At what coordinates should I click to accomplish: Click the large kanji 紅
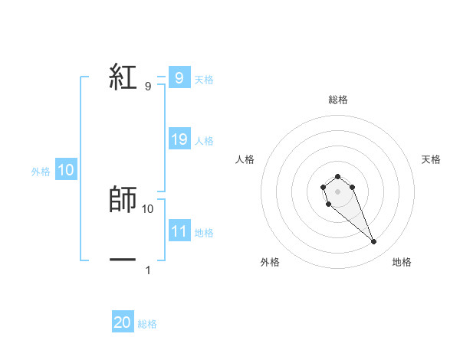[x=123, y=77]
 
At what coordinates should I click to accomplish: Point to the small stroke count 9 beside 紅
[x=148, y=87]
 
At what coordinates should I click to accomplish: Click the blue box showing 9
[x=179, y=78]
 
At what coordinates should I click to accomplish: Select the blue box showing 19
[x=179, y=139]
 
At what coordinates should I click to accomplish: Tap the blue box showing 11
[x=179, y=231]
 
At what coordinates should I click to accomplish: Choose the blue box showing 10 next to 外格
[x=66, y=171]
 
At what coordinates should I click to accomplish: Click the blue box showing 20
[x=122, y=322]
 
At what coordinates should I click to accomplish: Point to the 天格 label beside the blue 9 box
[x=204, y=79]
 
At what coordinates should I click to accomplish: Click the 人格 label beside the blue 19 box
[x=204, y=140]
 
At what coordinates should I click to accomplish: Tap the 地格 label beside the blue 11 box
[x=204, y=232]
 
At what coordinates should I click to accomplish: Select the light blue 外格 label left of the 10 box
[x=41, y=172]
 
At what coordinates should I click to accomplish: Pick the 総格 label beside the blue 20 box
[x=147, y=324]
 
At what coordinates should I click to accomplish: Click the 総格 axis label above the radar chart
[x=338, y=100]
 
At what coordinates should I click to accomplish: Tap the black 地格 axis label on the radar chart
[x=402, y=262]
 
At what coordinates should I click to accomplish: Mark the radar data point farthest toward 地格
[x=373, y=242]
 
